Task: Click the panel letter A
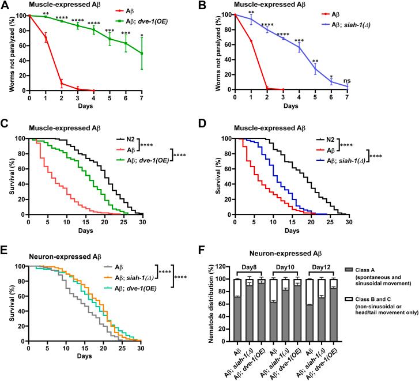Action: point(5,6)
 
